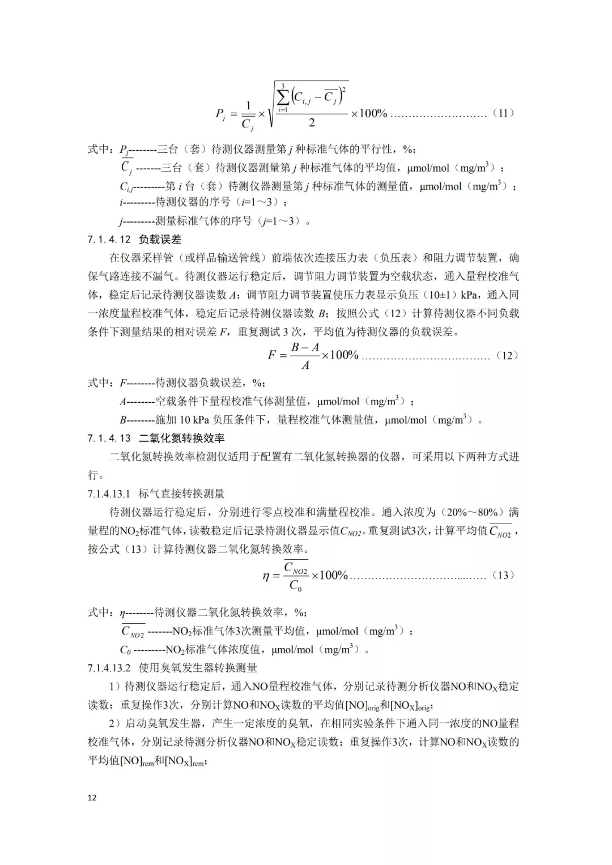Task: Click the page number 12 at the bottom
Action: [x=92, y=798]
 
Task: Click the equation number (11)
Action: [x=503, y=113]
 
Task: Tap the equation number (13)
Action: [x=503, y=575]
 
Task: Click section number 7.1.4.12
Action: [x=109, y=240]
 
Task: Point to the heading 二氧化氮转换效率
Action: [x=182, y=438]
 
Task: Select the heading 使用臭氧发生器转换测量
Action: [x=198, y=668]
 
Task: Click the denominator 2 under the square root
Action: [x=311, y=123]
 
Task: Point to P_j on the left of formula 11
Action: [x=220, y=114]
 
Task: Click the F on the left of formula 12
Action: [x=272, y=356]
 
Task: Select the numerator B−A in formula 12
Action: [x=305, y=347]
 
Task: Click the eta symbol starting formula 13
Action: [x=266, y=576]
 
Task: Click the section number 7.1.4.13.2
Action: [x=109, y=668]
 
